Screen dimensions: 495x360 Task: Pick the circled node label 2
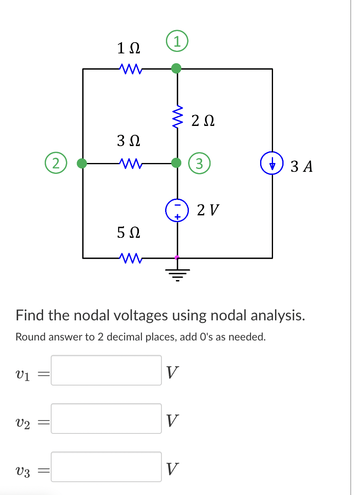point(56,163)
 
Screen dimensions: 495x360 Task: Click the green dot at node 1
point(176,69)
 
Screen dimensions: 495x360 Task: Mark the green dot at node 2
point(82,163)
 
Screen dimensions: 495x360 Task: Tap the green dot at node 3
point(176,163)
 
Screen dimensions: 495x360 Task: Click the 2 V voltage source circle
point(176,210)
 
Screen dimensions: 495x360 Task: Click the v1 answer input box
point(106,370)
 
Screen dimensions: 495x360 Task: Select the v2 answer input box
point(106,419)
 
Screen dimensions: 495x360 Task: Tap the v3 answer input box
point(106,467)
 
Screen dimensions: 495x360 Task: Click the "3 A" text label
point(301,166)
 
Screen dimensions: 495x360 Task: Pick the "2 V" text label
point(208,210)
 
